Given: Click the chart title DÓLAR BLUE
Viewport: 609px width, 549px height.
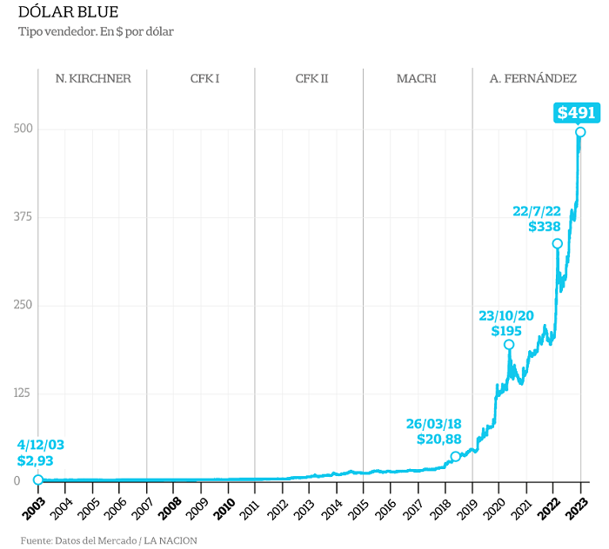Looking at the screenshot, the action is [68, 12].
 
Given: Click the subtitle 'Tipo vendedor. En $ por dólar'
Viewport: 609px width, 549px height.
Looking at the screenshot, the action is [96, 31].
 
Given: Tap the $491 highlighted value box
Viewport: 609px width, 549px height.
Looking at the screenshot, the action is [576, 113].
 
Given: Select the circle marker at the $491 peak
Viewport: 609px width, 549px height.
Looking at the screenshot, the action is [580, 132].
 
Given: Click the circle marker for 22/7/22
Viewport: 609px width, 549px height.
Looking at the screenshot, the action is [558, 243].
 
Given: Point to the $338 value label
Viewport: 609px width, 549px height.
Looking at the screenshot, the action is [545, 227].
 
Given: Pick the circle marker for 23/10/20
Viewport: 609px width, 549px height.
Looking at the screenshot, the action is [509, 344].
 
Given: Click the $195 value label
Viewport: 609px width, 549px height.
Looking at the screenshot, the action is [506, 331].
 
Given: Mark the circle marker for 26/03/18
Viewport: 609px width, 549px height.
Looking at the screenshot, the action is [456, 456].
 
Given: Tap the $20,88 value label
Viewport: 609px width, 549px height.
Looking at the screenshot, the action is [438, 440].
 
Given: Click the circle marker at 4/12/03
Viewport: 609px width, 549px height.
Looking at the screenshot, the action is [38, 480].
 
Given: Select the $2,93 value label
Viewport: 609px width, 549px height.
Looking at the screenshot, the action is [35, 461].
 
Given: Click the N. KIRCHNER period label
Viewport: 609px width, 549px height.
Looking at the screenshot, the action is [93, 79].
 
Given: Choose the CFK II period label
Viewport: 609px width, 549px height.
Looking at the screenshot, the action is [311, 79].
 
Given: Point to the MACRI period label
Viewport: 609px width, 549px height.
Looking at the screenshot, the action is [417, 79].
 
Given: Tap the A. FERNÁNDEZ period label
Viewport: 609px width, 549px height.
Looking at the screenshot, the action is [532, 79].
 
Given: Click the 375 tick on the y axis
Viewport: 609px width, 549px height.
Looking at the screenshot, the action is [23, 216].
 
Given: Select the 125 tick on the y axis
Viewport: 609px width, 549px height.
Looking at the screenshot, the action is [22, 394].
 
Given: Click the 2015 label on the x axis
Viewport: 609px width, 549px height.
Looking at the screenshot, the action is [358, 509].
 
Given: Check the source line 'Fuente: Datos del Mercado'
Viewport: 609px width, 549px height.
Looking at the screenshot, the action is [79, 540].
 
